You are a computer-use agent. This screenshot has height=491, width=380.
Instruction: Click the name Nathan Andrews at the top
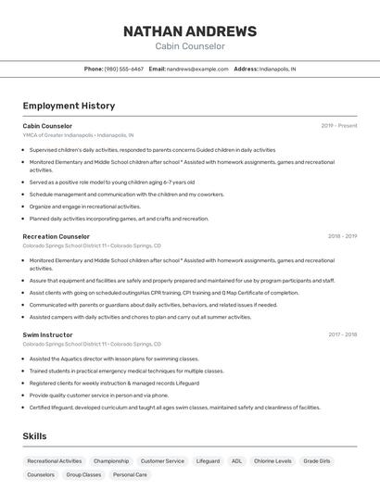tap(190, 31)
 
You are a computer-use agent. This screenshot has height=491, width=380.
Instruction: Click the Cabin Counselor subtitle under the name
tap(190, 46)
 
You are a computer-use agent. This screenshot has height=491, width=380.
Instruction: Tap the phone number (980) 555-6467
tap(124, 69)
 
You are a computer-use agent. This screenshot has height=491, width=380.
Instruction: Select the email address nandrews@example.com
tap(197, 69)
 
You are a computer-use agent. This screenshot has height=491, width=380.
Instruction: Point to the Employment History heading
tap(69, 106)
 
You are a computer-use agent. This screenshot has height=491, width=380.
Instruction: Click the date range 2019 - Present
tap(339, 126)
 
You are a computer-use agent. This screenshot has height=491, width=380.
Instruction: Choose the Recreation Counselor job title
tap(56, 236)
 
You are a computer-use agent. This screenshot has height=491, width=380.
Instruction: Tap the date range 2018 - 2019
tap(342, 236)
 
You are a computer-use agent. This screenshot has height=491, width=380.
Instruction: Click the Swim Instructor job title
tap(47, 334)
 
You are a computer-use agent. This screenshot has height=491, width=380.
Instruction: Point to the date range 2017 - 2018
tap(342, 334)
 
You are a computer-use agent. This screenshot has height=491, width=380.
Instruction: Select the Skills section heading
tap(34, 436)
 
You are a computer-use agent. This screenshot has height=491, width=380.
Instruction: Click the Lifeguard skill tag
tap(208, 460)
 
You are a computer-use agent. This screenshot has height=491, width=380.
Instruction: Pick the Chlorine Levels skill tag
tap(272, 460)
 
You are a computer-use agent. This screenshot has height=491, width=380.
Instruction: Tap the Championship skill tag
tap(111, 460)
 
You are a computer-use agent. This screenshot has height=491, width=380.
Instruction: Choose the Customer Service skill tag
tap(162, 460)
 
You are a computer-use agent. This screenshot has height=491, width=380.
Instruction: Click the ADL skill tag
tap(236, 460)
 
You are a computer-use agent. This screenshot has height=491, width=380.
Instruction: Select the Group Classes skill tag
tap(83, 474)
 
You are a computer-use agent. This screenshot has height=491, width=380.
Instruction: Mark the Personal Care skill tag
tap(129, 474)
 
